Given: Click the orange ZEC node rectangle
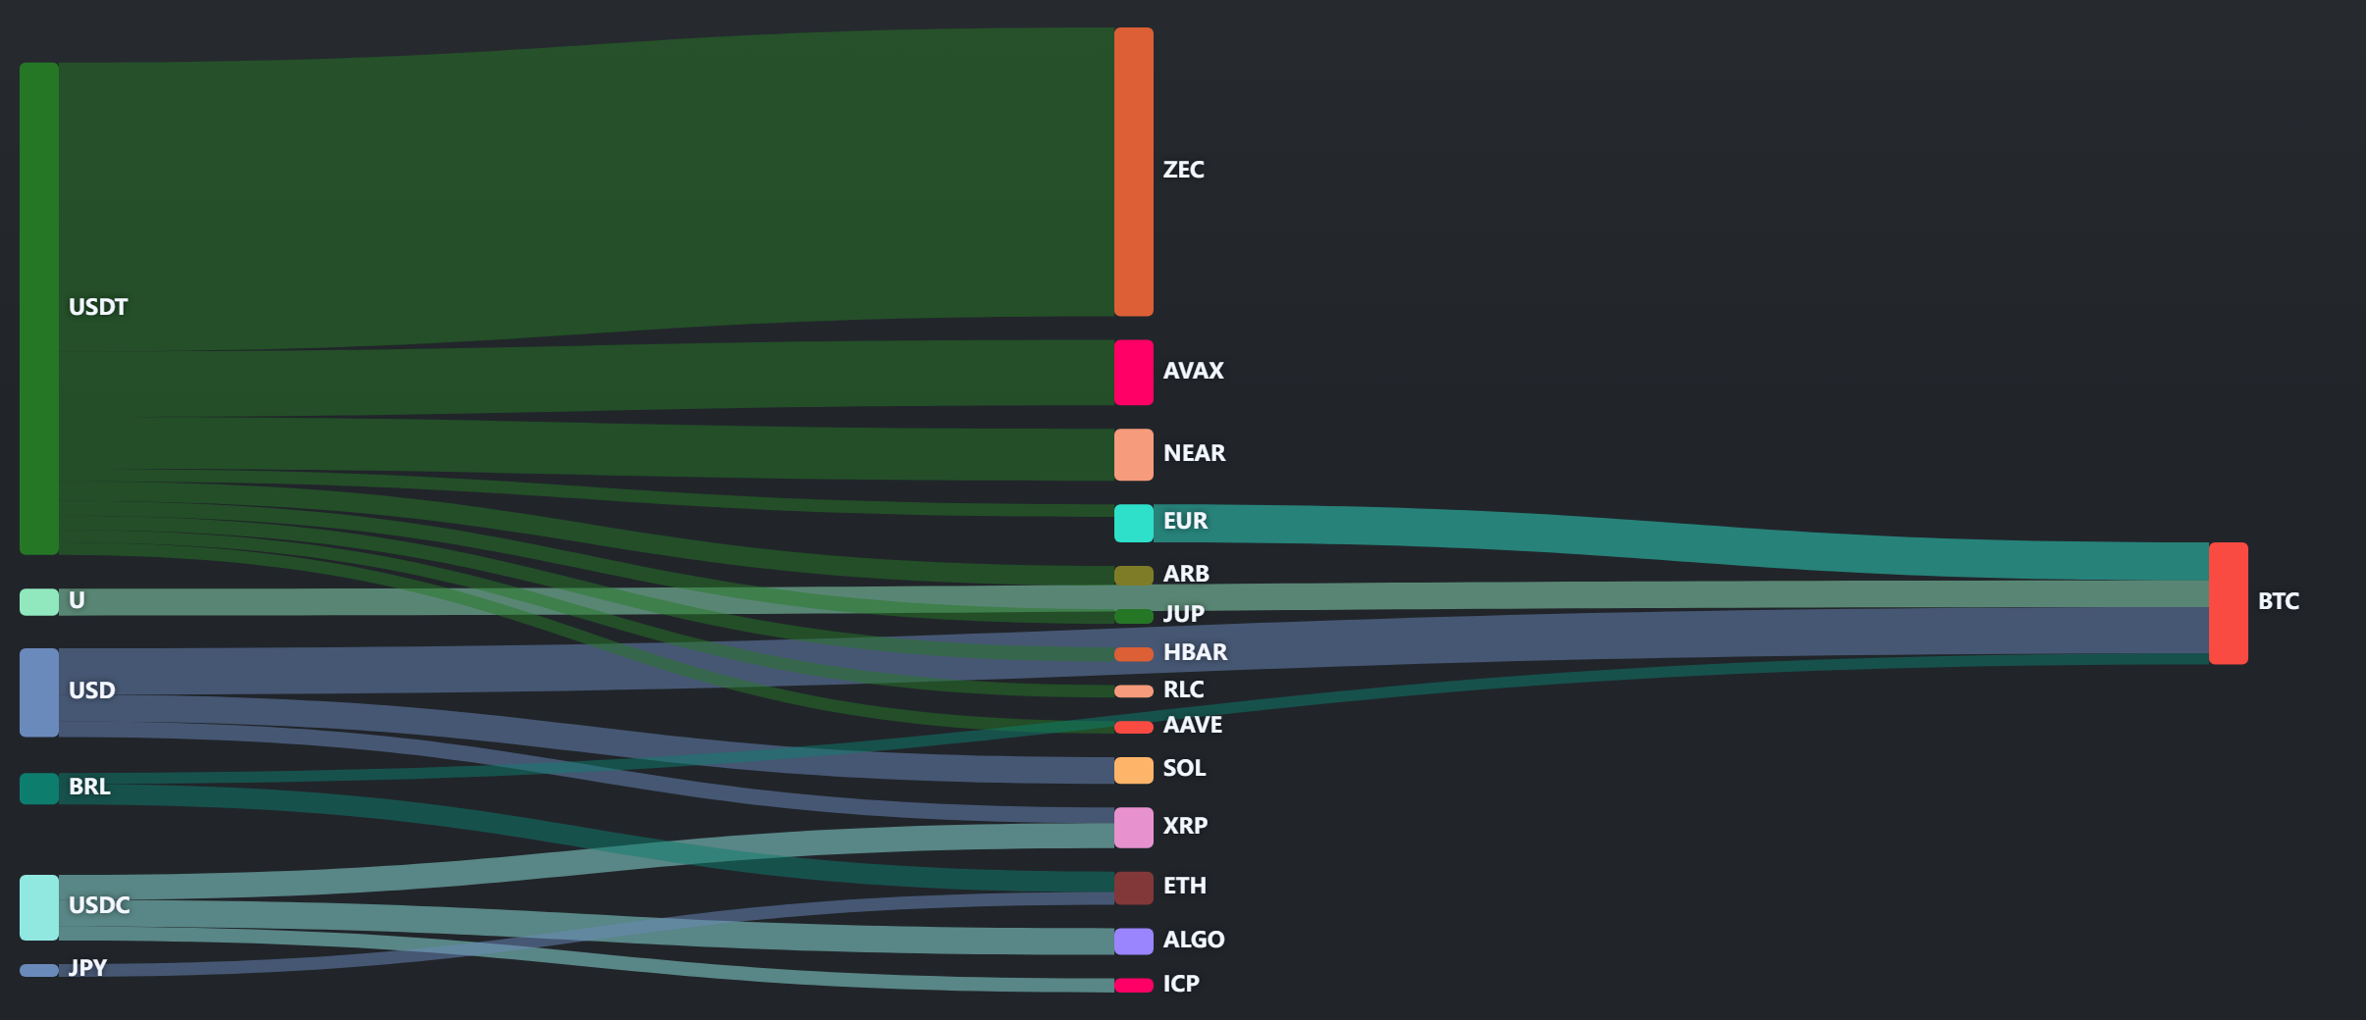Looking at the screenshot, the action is (x=1133, y=172).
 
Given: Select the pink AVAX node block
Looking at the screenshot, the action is (x=1133, y=373).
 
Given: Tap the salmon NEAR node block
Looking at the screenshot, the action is (x=1133, y=454).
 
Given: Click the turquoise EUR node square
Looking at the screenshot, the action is (x=1133, y=524).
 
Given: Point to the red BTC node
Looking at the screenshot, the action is (x=2228, y=603).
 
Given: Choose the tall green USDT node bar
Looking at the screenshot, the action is (x=39, y=308).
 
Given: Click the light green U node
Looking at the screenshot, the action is (x=39, y=602).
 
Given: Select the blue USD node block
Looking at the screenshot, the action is (x=39, y=692).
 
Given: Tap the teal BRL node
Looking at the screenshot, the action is (x=39, y=789).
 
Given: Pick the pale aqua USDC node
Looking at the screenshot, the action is (x=39, y=907).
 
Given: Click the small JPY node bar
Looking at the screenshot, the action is (x=39, y=970).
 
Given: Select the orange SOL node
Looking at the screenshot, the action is (x=1133, y=770).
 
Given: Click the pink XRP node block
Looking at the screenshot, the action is (x=1133, y=828).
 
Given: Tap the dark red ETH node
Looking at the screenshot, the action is (x=1133, y=888).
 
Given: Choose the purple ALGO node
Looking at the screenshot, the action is (x=1133, y=942).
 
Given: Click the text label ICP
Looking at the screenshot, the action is (x=1181, y=984).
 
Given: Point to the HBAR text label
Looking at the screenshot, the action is (x=1195, y=652).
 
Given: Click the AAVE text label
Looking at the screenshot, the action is (x=1193, y=725).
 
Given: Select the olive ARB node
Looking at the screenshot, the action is (x=1133, y=576).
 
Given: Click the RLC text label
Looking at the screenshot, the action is (x=1183, y=689).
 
